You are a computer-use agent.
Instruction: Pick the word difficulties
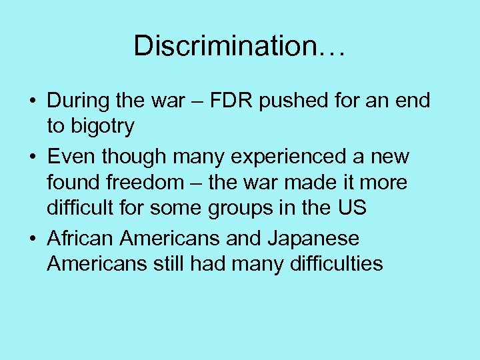[x=337, y=263]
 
